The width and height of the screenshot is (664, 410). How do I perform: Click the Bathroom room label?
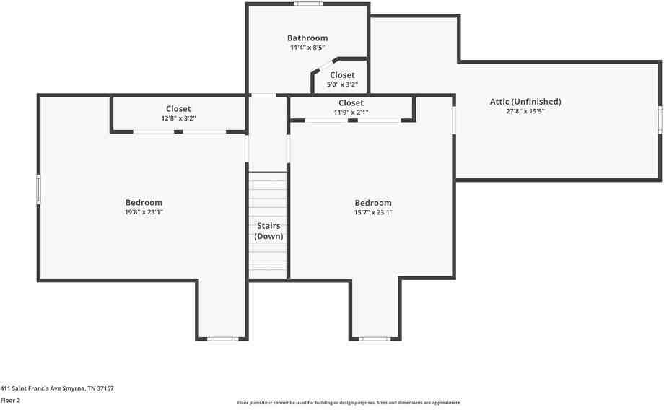coord(307,38)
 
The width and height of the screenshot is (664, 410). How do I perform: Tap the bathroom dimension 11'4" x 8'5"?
coord(307,48)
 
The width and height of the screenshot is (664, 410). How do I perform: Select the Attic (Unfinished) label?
coord(525,102)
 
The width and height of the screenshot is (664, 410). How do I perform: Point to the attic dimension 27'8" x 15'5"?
coord(525,112)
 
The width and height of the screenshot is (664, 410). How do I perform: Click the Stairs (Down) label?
coord(268,231)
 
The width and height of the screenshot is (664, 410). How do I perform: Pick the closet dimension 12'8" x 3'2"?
coord(178,118)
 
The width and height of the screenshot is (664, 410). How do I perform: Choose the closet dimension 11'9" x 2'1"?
coord(351,113)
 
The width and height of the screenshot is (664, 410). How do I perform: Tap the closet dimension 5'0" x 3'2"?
coord(342,84)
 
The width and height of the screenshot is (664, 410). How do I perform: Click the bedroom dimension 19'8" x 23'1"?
coord(144,212)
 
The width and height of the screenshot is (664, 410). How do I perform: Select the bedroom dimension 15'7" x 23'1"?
coord(373,212)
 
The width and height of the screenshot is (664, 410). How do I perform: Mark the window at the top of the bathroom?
coord(308,4)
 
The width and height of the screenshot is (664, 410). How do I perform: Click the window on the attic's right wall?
coord(660,120)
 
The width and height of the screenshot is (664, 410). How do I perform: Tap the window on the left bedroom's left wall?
coord(39,189)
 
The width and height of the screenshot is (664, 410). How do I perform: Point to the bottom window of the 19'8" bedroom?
coord(223,339)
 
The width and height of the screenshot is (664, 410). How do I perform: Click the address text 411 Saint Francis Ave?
coord(57,388)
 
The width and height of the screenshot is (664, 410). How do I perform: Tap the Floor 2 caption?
coord(10,400)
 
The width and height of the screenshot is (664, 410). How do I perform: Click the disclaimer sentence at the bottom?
coord(349,403)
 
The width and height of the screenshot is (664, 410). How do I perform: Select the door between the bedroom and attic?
coord(454,120)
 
